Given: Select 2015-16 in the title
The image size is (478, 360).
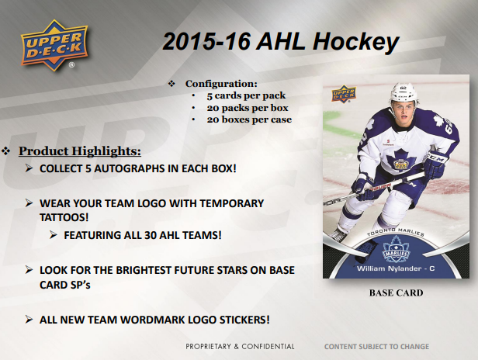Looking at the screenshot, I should [x=200, y=43].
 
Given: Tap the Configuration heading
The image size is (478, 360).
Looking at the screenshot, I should [x=221, y=83].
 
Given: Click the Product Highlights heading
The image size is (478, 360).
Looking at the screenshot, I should [x=80, y=150].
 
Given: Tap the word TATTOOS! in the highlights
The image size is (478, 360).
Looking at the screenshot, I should [x=64, y=217].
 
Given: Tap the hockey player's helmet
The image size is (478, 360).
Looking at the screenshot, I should [x=404, y=99].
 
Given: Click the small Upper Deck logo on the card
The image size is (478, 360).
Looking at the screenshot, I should [x=343, y=93].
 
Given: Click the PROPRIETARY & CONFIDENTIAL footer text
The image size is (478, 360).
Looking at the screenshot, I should [x=240, y=346].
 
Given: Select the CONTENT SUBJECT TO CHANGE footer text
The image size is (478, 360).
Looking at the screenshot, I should [x=376, y=346].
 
